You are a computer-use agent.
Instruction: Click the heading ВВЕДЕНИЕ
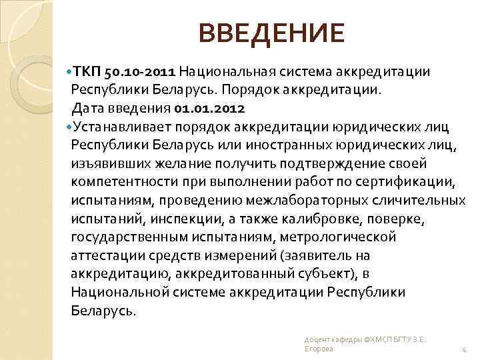(x=272, y=32)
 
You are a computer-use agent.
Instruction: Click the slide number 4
(x=463, y=349)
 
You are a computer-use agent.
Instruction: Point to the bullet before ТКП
(x=69, y=71)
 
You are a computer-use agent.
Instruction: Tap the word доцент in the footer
(x=315, y=339)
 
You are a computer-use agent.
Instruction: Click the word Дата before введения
(x=88, y=107)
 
